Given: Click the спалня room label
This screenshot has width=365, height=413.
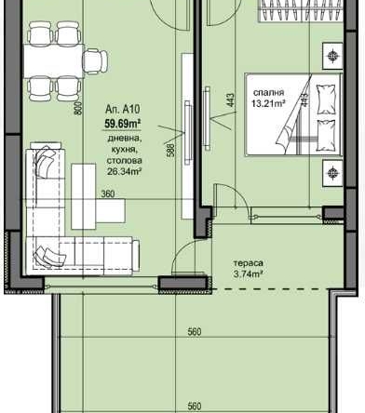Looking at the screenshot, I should pyautogui.click(x=267, y=93).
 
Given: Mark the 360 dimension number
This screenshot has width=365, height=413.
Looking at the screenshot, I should pyautogui.click(x=108, y=194).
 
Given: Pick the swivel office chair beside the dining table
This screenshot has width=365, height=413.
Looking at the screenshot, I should pyautogui.click(x=93, y=62).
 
